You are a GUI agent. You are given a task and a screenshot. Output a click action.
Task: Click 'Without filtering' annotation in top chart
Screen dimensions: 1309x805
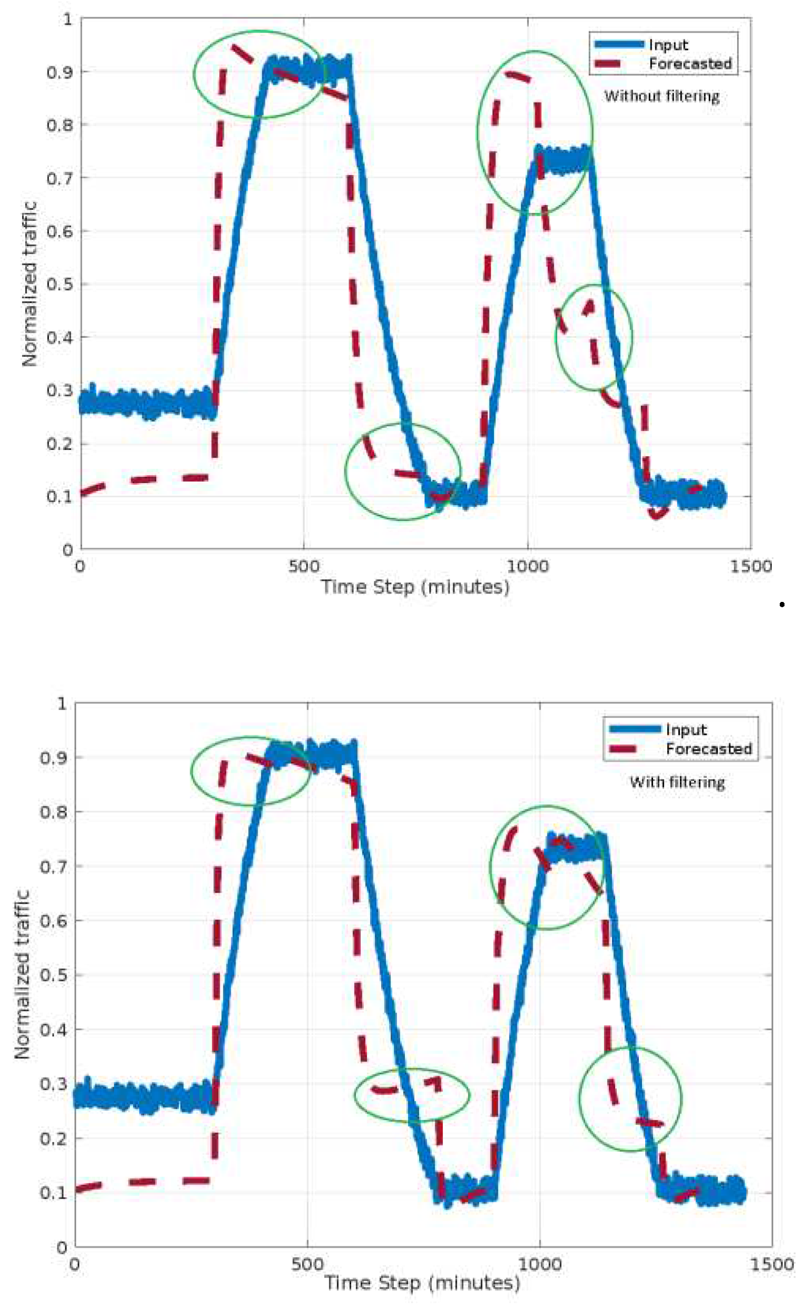(661, 96)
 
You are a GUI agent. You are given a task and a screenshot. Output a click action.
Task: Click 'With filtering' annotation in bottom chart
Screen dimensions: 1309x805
(677, 782)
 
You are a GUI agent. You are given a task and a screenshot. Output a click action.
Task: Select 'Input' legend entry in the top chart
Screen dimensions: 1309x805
(668, 45)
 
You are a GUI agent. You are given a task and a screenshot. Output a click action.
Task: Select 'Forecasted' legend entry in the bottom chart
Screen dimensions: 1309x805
(708, 749)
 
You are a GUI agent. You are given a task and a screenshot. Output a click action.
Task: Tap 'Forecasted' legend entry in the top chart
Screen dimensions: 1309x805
(690, 64)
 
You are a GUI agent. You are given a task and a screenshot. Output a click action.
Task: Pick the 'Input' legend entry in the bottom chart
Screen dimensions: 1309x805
(686, 729)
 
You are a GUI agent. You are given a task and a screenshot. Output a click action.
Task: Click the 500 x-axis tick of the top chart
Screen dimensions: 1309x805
(303, 565)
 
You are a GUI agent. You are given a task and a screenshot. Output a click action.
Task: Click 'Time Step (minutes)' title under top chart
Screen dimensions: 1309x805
(415, 587)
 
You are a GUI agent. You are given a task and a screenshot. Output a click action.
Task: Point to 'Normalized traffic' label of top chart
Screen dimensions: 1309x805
(29, 284)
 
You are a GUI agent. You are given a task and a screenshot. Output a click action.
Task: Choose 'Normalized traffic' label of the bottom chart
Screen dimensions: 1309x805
(22, 974)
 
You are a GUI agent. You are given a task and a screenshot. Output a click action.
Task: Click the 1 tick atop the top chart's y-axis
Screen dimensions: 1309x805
(67, 19)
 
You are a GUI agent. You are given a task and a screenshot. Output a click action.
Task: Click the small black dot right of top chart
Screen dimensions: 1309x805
(781, 604)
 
